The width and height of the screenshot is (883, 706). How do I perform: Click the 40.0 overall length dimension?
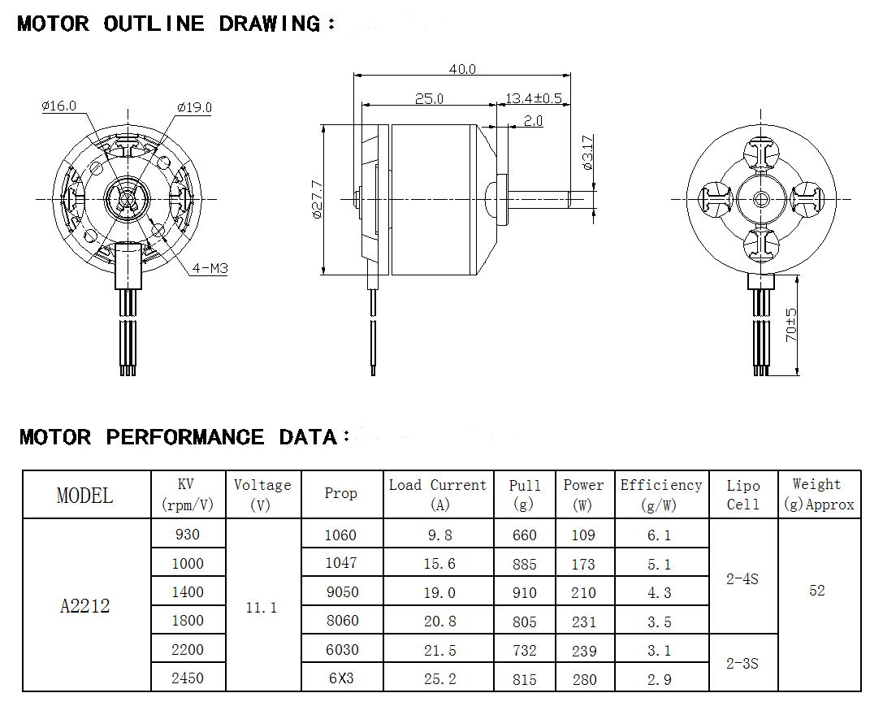coord(461,70)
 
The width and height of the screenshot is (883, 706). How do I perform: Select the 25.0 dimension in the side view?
coord(429,99)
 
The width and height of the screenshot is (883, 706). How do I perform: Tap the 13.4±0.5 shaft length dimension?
coord(534,99)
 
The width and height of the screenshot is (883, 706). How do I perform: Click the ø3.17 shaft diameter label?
coord(588,152)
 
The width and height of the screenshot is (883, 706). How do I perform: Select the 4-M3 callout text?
coord(210,268)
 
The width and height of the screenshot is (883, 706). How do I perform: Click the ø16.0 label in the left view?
coord(58,106)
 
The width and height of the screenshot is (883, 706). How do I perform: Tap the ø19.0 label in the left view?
coord(194,107)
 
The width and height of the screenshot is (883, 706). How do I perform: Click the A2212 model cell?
coord(85,606)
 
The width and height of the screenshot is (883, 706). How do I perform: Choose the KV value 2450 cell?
coord(188,678)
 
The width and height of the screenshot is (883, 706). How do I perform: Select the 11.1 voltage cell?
coord(262,607)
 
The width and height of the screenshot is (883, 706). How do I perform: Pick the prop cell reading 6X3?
coord(341,678)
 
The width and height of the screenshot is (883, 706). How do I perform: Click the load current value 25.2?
coord(439,679)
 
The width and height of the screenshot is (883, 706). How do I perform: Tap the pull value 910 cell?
coord(525,593)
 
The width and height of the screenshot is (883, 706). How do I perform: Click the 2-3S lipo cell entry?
coord(742,663)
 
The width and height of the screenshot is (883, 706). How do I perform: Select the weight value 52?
coord(817,591)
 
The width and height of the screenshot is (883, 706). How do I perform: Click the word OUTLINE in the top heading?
coord(154,24)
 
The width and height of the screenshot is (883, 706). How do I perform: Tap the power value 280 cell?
coord(584,679)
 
